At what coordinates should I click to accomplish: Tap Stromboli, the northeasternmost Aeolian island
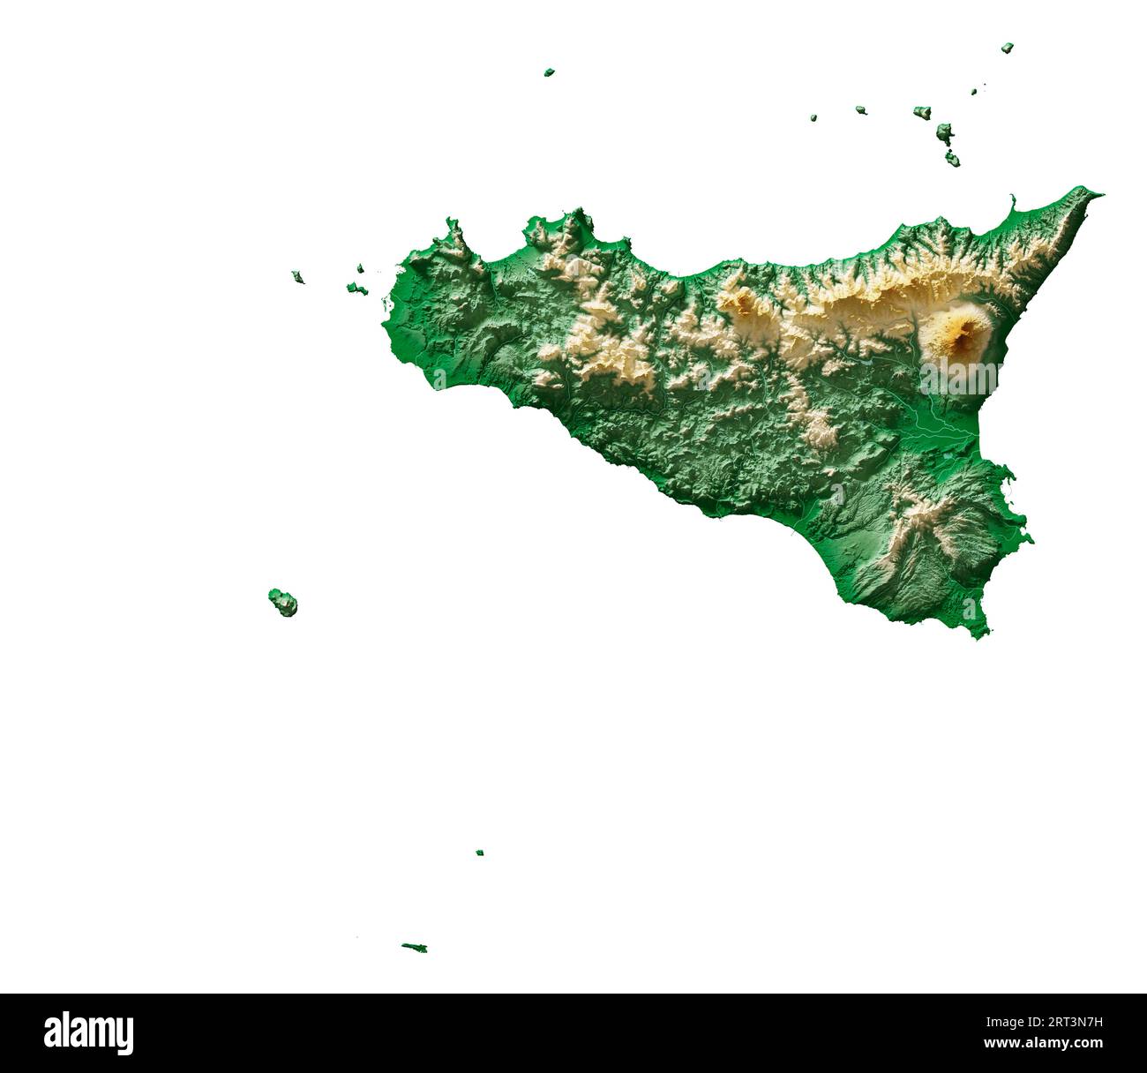click(1007, 48)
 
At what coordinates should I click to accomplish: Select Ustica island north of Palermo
click(549, 71)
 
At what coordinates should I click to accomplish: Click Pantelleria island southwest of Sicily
click(283, 603)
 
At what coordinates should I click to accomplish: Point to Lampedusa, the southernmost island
click(415, 948)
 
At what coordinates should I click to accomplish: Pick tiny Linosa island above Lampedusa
click(479, 852)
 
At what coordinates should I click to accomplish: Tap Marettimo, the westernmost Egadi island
click(297, 277)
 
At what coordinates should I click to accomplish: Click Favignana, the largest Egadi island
click(356, 288)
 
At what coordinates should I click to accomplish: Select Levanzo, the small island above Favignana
click(360, 268)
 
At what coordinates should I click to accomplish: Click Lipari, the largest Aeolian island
click(944, 134)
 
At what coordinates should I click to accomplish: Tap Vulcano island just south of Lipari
click(952, 160)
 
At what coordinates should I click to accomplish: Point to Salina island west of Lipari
click(922, 112)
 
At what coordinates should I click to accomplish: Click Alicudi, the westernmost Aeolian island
click(813, 116)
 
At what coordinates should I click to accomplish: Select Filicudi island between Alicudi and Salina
click(860, 110)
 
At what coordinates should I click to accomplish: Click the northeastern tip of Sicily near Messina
click(1098, 191)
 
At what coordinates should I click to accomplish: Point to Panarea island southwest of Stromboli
click(974, 91)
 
